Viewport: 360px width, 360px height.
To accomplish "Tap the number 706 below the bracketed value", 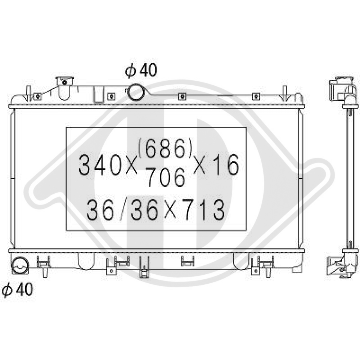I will tap(167, 179).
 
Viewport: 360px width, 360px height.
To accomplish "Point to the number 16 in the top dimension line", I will tap(226, 166).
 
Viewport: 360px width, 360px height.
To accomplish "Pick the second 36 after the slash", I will tap(144, 210).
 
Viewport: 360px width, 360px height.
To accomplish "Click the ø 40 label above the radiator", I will tap(141, 71).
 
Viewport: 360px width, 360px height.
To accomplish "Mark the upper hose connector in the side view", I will tap(341, 90).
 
